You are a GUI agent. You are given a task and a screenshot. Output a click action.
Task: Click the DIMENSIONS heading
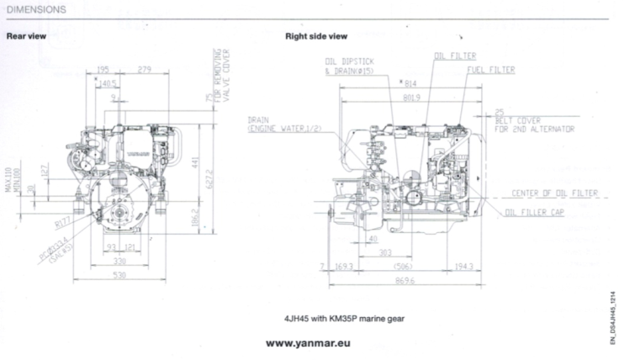point(36,10)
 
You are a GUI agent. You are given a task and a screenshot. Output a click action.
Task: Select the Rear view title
point(26,37)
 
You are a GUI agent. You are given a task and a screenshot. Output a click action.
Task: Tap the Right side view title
point(316,37)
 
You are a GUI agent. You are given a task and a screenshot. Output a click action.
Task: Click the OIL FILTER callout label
point(452,56)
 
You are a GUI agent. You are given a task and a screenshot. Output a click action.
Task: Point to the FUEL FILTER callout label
point(491,69)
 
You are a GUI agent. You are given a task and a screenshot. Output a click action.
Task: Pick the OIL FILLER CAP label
point(534,213)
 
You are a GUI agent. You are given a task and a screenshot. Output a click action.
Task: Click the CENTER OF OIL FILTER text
point(554,193)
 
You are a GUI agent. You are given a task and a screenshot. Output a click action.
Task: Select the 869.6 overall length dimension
point(407,280)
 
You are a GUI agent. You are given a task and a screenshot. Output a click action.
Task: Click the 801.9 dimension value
point(410,98)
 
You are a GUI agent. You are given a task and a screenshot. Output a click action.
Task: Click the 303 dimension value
point(385,251)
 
